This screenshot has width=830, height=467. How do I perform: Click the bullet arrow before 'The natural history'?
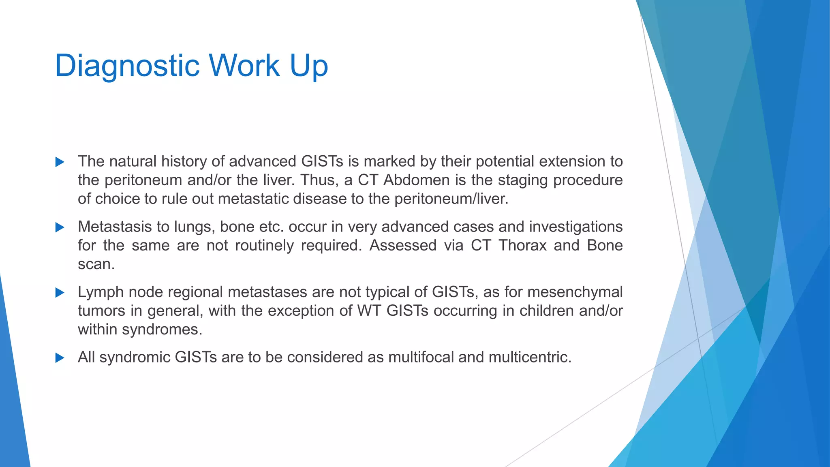point(60,162)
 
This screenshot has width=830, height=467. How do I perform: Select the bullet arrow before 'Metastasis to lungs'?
point(60,227)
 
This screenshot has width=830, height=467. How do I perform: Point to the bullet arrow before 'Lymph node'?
point(60,293)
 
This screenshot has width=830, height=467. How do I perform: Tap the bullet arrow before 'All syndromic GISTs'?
point(60,358)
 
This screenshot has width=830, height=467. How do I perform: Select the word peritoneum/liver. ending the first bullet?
point(451,199)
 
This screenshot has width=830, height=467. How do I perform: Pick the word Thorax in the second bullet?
point(522,245)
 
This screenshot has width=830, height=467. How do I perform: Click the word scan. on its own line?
point(96,264)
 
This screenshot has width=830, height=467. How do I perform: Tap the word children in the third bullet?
point(547,311)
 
